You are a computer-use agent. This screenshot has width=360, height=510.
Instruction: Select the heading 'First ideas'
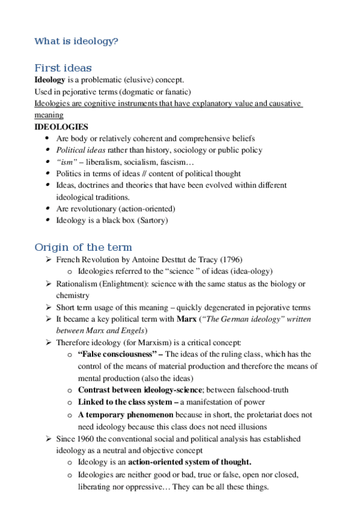click(x=63, y=68)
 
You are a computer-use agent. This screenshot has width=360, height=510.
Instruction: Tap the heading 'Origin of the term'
click(x=84, y=247)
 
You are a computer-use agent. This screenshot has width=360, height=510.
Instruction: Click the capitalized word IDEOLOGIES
click(x=61, y=127)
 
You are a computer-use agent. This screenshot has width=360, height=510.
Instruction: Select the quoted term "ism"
click(x=67, y=162)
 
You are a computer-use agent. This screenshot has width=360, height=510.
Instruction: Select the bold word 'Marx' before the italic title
click(x=187, y=319)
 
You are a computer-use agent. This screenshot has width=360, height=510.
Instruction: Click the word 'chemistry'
click(x=73, y=295)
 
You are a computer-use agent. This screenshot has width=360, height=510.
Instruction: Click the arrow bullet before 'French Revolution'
click(x=49, y=260)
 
